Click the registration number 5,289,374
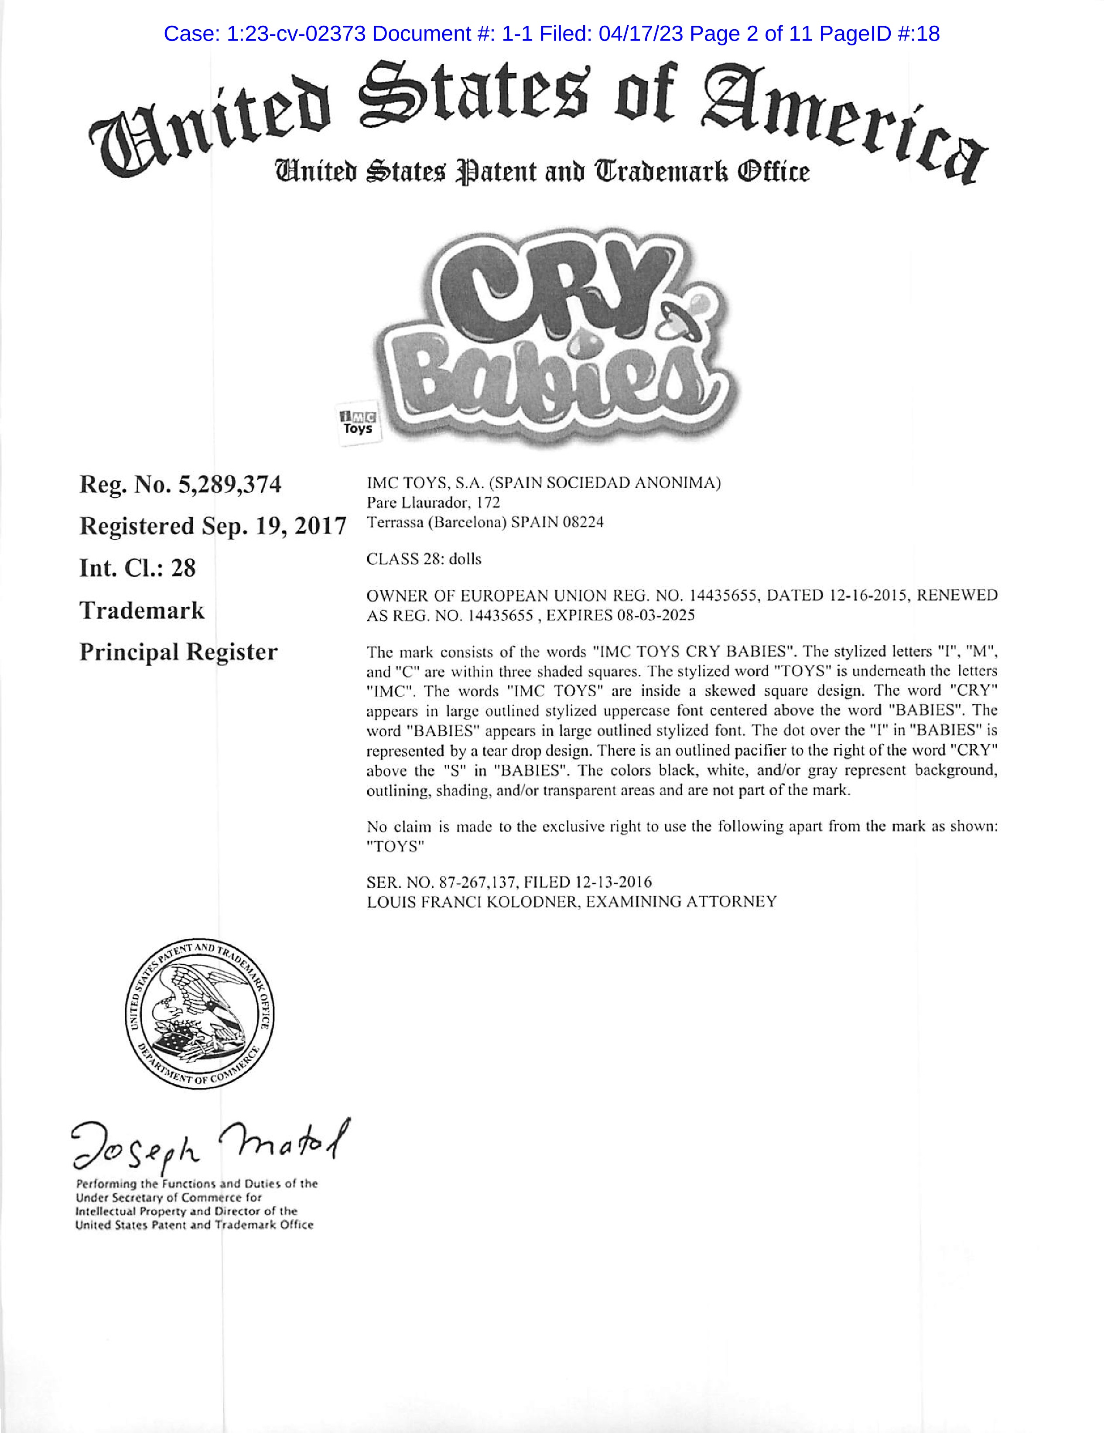(x=229, y=485)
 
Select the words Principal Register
(x=178, y=652)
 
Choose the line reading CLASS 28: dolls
(x=424, y=559)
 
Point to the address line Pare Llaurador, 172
(x=433, y=503)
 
